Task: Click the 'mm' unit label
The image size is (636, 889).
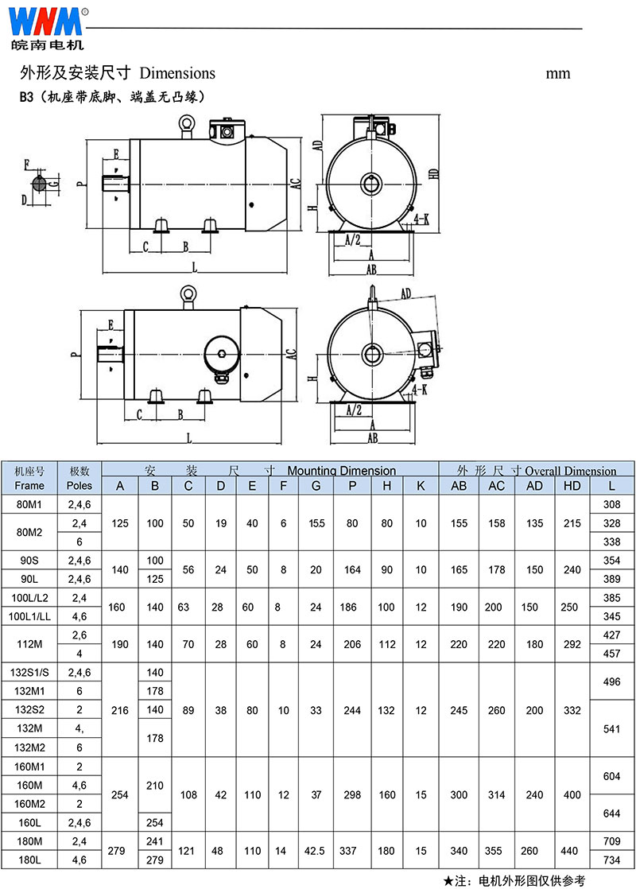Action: [558, 73]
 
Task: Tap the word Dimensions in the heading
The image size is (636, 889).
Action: [177, 73]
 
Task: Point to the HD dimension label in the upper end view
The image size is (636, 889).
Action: [433, 174]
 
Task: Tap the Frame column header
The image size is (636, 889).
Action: [29, 485]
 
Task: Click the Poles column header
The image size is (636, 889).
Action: [79, 485]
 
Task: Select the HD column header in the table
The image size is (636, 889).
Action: [572, 486]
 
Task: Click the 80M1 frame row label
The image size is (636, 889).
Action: [29, 504]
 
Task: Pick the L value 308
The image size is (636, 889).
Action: [611, 504]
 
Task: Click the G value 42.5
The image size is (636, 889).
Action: [316, 851]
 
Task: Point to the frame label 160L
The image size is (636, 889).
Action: [29, 822]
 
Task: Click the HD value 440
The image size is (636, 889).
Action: [572, 851]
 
